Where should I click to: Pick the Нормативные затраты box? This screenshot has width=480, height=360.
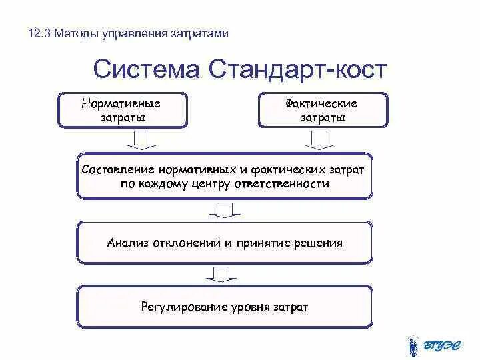pos(123,110)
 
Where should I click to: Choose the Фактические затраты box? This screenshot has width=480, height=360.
pos(322,110)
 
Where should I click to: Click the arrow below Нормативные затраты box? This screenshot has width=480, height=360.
pos(141,139)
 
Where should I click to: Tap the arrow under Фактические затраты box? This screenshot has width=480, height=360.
pos(320,139)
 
